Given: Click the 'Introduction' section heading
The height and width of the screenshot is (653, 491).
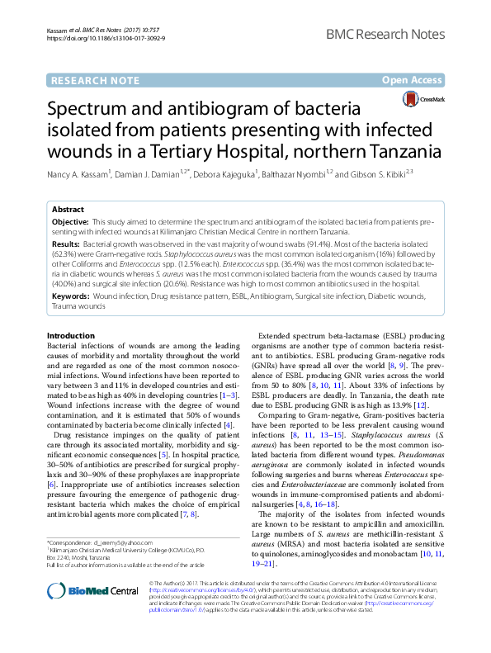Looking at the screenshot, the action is point(71,335).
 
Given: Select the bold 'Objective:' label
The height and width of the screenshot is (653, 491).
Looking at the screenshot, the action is point(70,223).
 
